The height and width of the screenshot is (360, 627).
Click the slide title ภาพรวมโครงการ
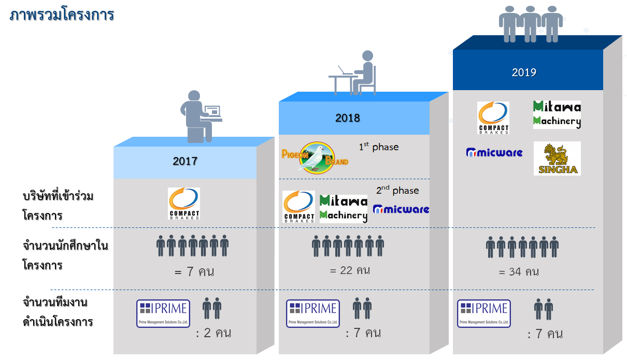tap(62, 15)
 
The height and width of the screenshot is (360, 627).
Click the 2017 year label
tap(185, 161)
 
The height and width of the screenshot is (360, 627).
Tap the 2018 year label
tap(347, 118)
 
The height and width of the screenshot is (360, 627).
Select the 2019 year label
tap(524, 73)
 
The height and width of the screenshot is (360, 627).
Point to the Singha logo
tap(557, 159)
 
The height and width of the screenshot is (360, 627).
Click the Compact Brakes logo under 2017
tap(184, 204)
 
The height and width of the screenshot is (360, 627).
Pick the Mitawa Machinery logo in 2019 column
tap(557, 114)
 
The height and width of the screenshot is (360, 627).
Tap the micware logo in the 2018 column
tap(401, 209)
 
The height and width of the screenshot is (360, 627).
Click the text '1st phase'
tap(379, 147)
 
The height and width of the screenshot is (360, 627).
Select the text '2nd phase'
tap(397, 190)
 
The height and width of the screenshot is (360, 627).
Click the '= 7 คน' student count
tap(194, 272)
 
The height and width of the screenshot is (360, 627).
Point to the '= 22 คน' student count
tap(349, 270)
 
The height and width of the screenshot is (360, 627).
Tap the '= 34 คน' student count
tap(519, 271)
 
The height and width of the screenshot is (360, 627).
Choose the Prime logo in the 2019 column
tap(484, 313)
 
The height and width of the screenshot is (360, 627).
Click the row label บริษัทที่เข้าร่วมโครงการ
tap(58, 206)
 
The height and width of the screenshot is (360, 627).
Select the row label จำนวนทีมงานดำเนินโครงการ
tap(58, 312)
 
